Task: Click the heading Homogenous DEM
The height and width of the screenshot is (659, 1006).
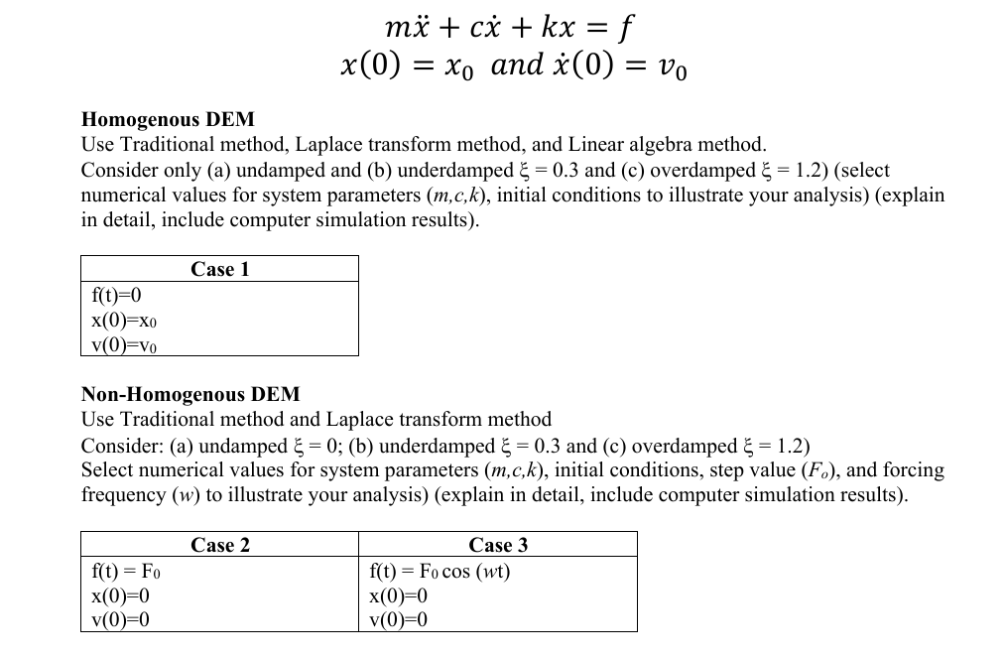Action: [x=168, y=120]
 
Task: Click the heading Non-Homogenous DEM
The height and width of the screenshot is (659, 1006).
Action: [x=190, y=394]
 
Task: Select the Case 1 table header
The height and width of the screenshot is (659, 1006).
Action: [x=219, y=269]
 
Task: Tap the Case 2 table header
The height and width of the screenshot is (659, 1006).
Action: [x=219, y=545]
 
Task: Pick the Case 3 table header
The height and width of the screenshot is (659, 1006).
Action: [x=498, y=545]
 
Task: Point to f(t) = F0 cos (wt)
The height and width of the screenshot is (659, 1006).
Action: [x=439, y=571]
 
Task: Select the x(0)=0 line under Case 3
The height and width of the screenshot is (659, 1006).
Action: [x=398, y=595]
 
